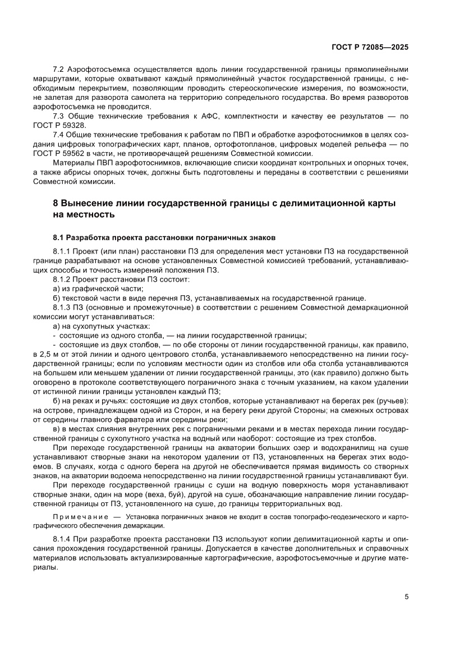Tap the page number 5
(x=406, y=597)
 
